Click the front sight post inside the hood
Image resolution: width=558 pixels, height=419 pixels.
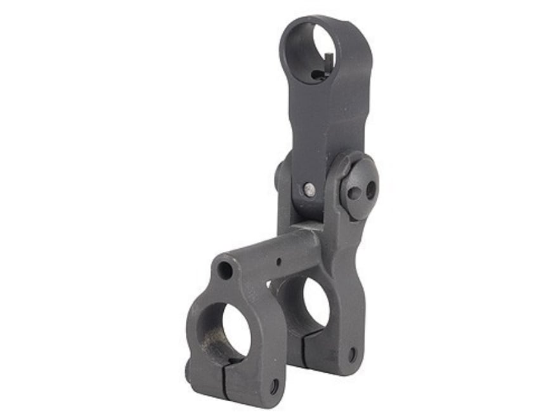(x=326, y=63)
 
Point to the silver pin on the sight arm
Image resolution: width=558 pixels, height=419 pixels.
(x=309, y=189)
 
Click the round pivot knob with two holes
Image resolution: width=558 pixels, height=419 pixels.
(x=358, y=188)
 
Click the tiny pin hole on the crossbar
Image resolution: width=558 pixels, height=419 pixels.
(x=278, y=261)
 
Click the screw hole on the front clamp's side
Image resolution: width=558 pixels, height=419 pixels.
(x=273, y=384)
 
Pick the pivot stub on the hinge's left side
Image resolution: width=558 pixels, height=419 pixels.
(x=280, y=176)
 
